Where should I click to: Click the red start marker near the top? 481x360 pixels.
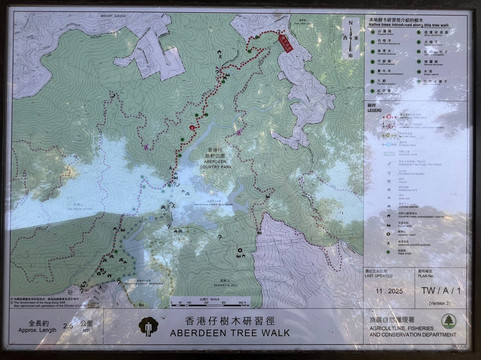coord(283,42)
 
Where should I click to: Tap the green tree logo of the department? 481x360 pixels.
coord(447,320)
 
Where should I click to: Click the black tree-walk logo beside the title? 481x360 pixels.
coord(147,326)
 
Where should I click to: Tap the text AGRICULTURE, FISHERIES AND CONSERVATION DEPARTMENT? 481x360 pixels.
coord(403,332)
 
